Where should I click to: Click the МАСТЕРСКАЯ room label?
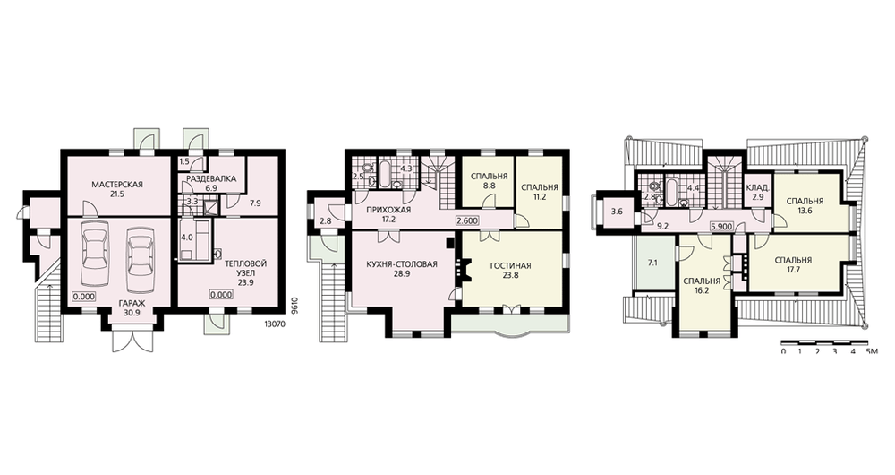point(116,184)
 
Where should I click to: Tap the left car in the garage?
point(96,254)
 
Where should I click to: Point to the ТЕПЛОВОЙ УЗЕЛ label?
point(245,268)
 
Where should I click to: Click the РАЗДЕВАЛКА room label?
point(209,178)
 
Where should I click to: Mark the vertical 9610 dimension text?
point(294,306)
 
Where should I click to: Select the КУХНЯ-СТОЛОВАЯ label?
point(402,264)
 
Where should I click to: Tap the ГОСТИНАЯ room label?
point(510,266)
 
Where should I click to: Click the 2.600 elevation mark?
point(467,220)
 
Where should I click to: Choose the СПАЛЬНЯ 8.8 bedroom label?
point(489,181)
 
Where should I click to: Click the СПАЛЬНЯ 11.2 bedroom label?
point(539,192)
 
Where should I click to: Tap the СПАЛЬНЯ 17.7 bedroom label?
point(793,264)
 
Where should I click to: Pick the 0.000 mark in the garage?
point(83,296)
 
